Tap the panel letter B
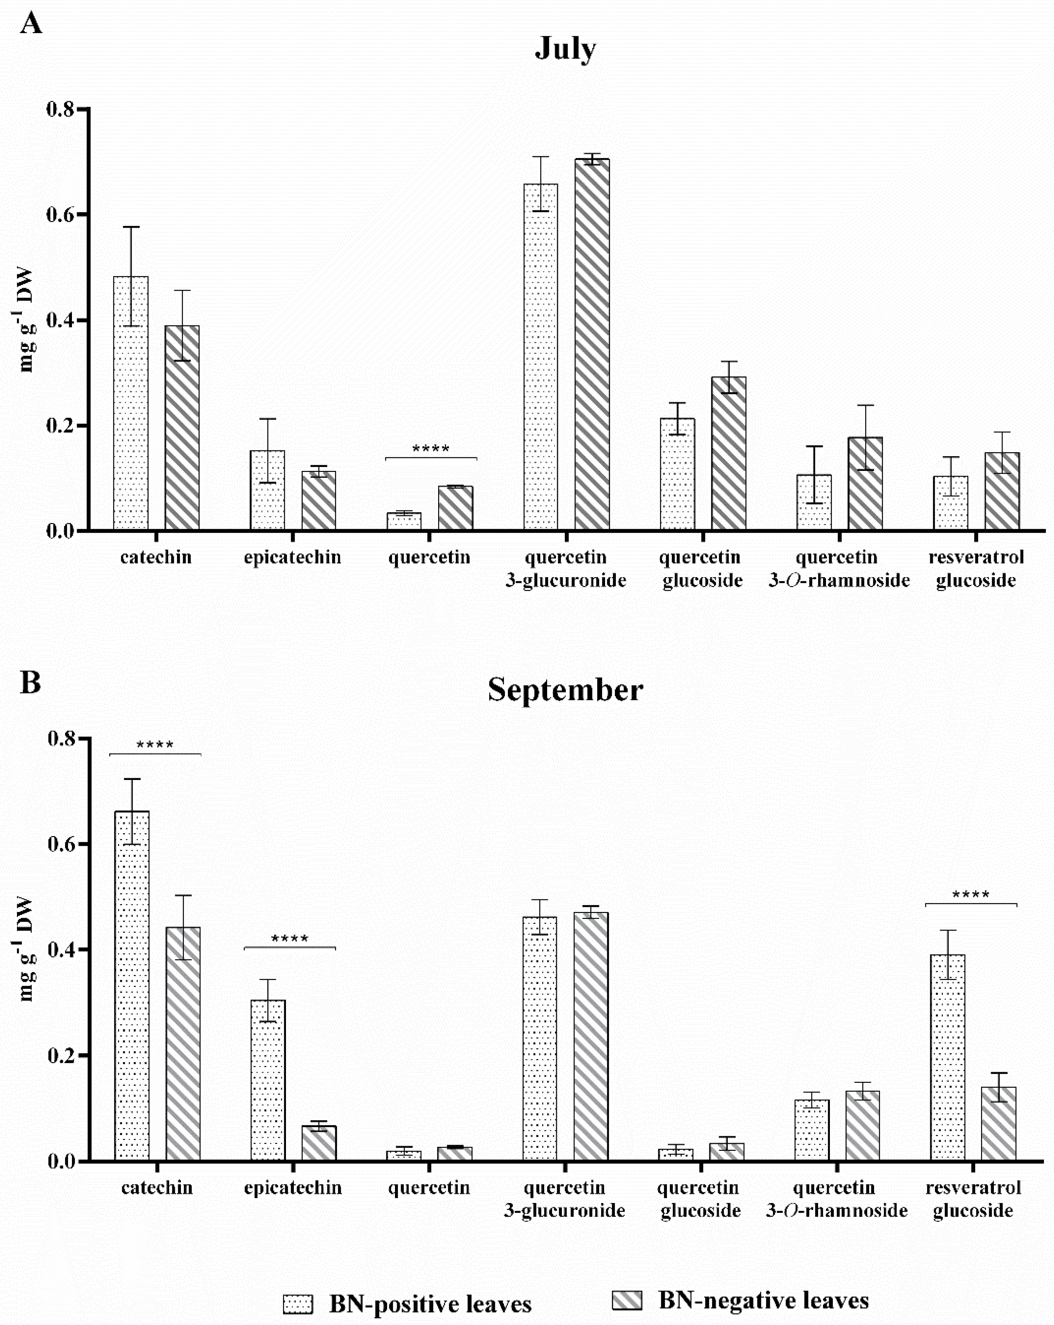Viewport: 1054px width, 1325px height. point(31,682)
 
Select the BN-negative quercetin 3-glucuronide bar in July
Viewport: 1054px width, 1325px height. point(592,344)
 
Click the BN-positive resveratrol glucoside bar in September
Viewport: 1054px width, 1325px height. point(948,1057)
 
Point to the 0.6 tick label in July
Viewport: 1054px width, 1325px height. point(60,214)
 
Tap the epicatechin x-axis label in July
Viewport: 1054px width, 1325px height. point(292,557)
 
